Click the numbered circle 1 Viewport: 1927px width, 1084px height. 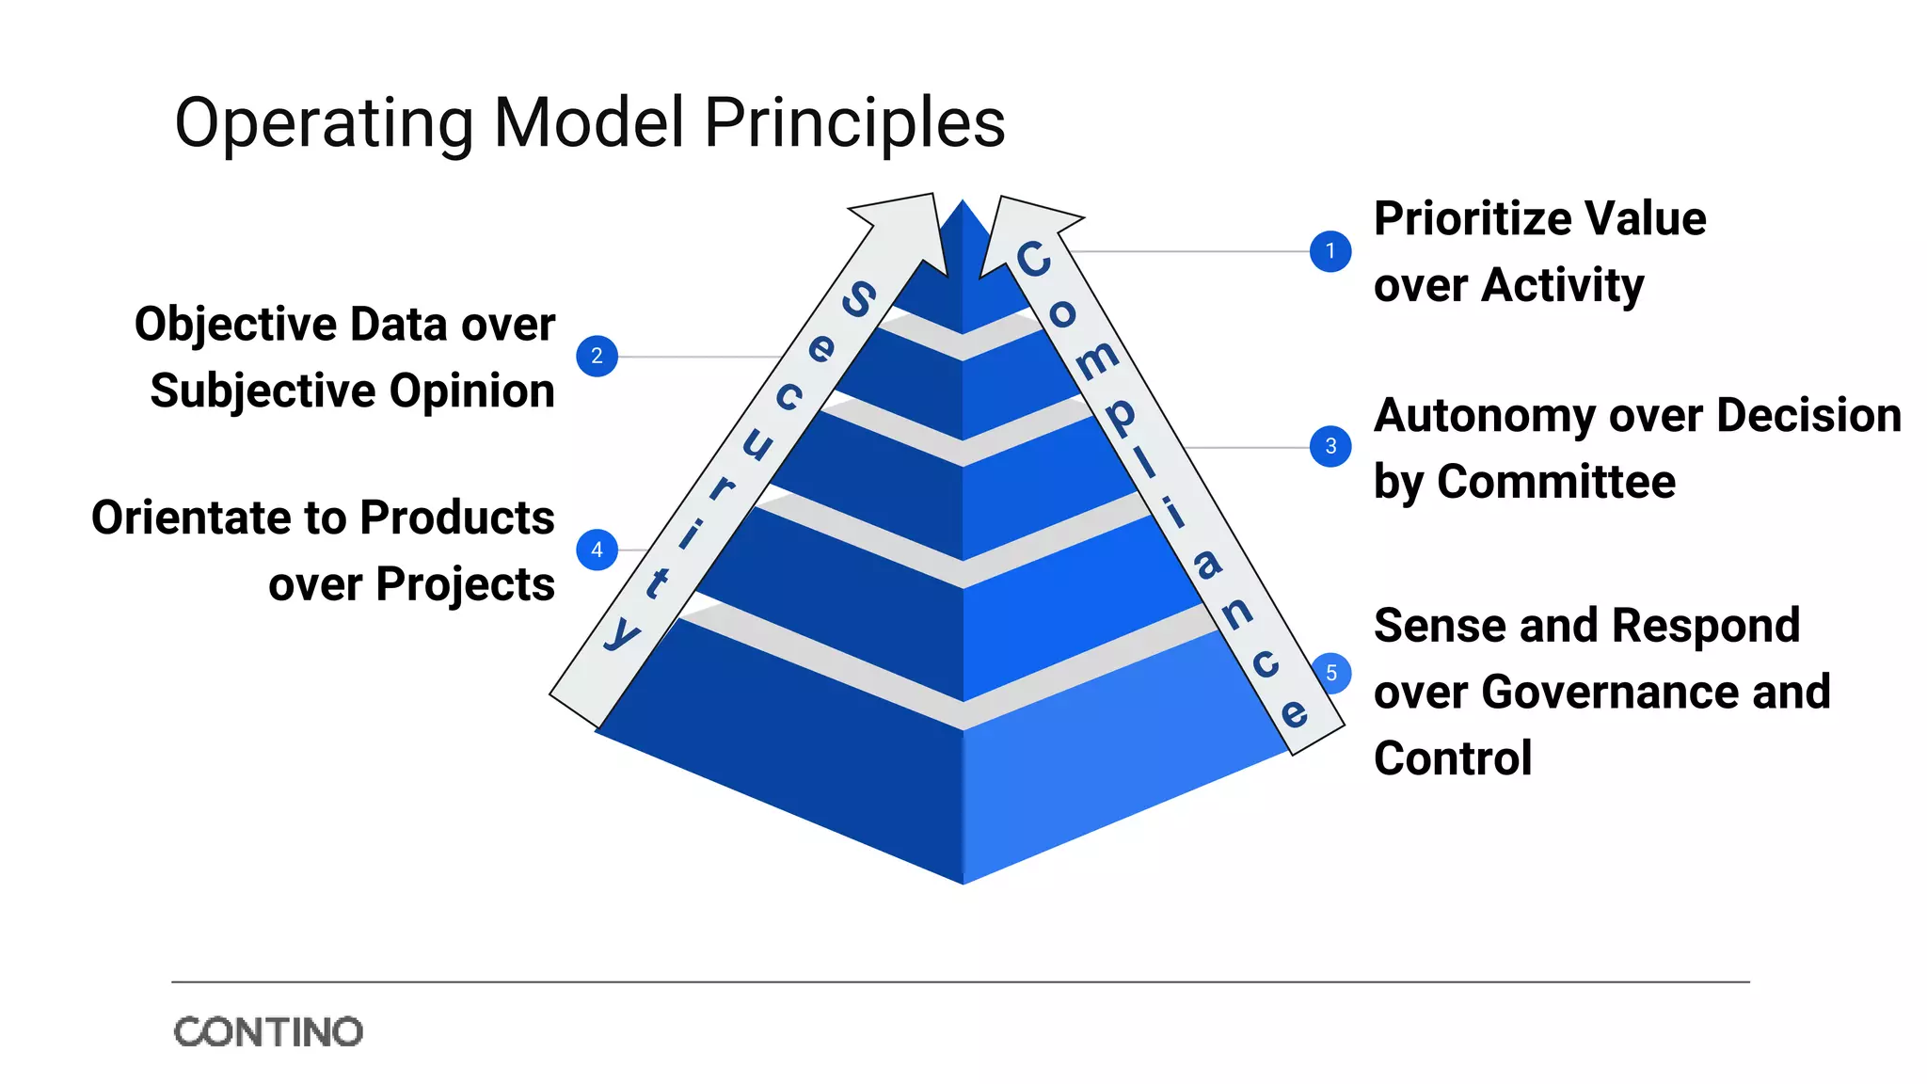click(x=1330, y=251)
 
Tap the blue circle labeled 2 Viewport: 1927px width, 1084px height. click(x=597, y=356)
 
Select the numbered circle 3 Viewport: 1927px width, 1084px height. click(x=1330, y=446)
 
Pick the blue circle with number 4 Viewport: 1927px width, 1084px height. click(x=597, y=550)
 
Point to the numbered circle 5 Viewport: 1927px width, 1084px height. click(x=1330, y=673)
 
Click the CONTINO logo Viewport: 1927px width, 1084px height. click(x=268, y=1032)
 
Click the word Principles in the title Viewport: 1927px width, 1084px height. click(x=854, y=122)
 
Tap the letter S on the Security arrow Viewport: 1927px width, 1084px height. click(x=858, y=299)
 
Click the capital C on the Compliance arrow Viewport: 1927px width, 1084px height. click(x=1033, y=259)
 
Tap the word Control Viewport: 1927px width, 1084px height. click(x=1453, y=758)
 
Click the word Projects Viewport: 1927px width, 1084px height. click(x=465, y=584)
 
